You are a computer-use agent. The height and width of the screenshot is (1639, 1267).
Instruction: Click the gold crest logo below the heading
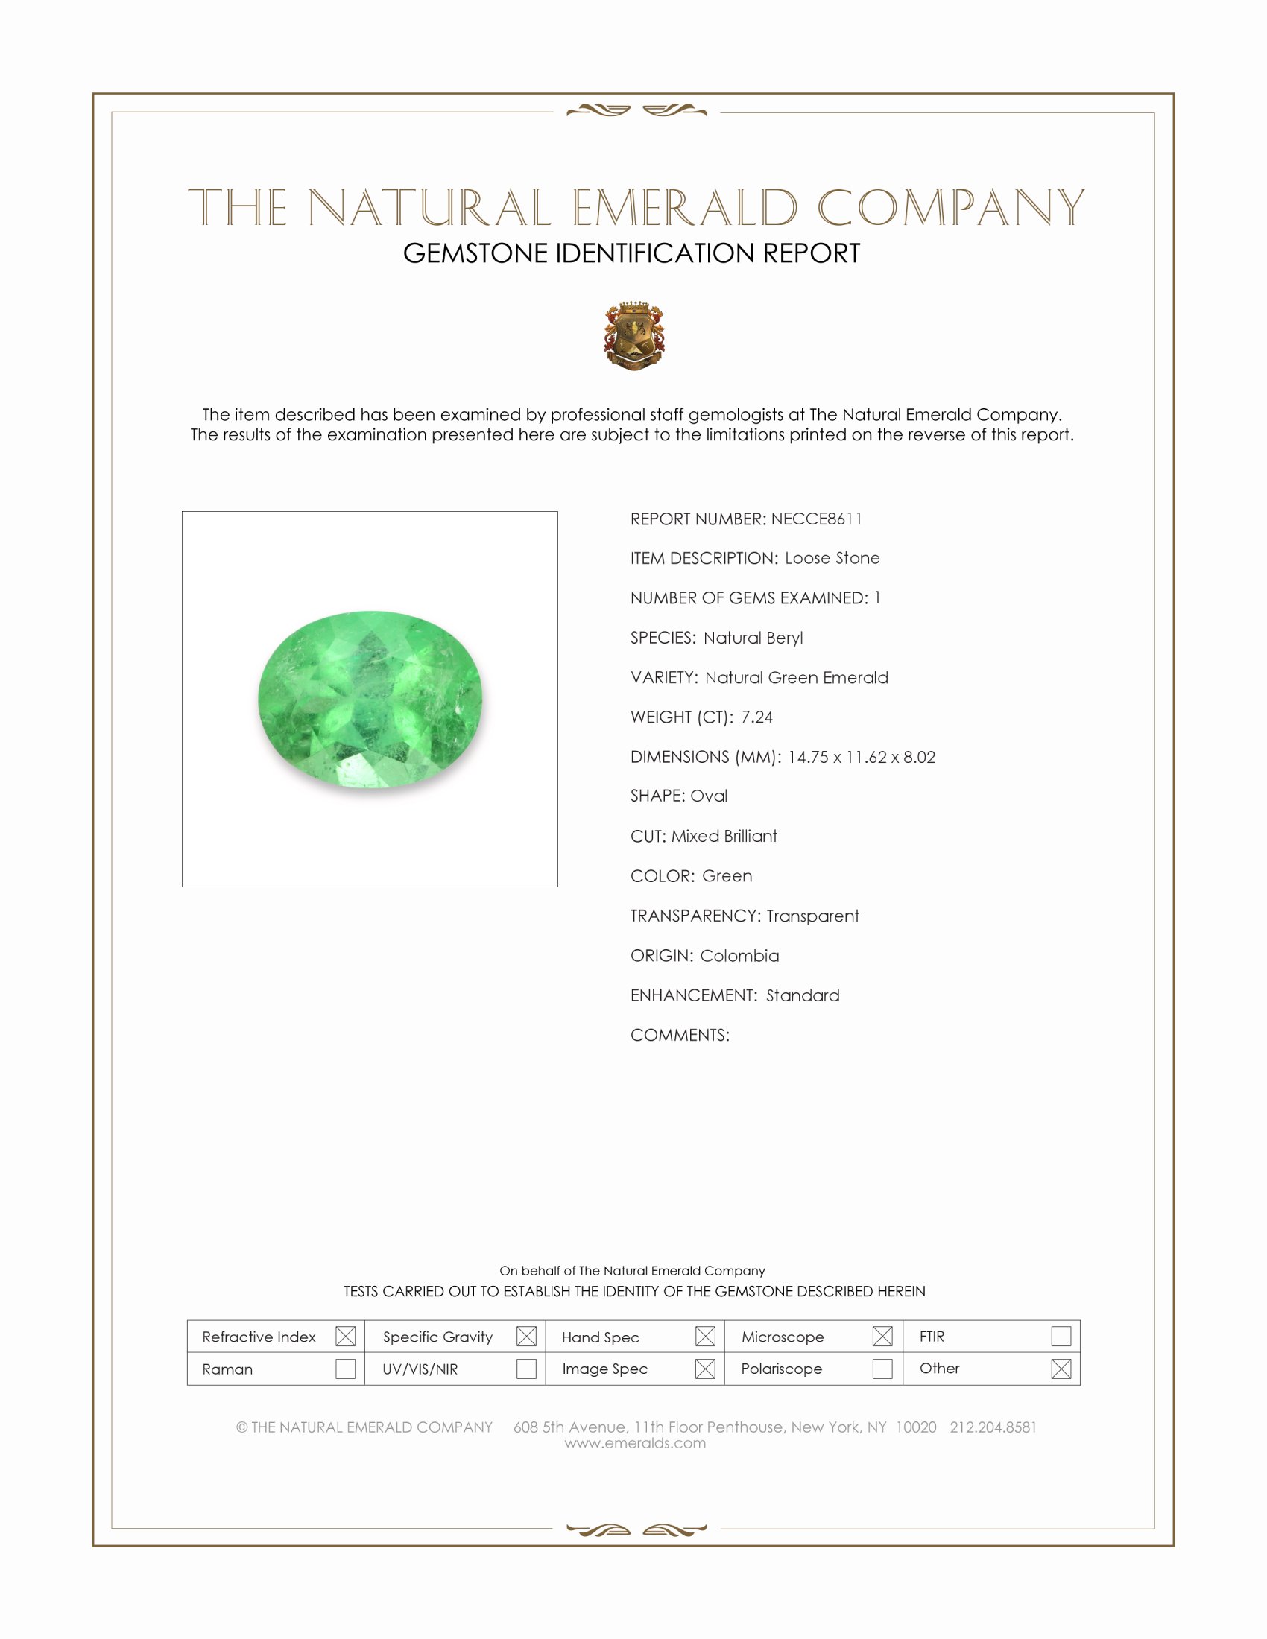tap(634, 335)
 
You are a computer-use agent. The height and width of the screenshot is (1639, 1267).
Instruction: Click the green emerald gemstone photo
tap(370, 699)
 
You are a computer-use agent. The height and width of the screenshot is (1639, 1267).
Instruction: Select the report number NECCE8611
tap(816, 519)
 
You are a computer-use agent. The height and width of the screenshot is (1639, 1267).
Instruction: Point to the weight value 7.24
tap(756, 717)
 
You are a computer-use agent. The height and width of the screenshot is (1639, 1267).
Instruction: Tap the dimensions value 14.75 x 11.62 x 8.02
tap(861, 757)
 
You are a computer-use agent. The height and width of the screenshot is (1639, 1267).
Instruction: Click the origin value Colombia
tap(739, 956)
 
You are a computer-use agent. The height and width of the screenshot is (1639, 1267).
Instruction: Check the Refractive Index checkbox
tap(345, 1337)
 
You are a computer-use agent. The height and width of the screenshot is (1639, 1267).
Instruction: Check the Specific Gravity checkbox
tap(526, 1337)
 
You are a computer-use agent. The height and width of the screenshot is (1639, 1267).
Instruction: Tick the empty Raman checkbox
tap(345, 1369)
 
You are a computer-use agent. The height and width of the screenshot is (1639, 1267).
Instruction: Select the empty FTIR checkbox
tap(1061, 1337)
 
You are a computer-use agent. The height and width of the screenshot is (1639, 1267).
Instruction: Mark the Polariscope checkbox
tap(882, 1369)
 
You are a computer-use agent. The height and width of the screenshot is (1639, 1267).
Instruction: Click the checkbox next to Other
tap(1061, 1369)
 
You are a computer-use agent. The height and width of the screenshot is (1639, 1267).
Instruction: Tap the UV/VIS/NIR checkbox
tap(526, 1369)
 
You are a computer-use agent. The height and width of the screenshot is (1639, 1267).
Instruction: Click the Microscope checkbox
tap(882, 1337)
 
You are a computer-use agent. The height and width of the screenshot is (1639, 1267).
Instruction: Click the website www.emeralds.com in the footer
tap(635, 1443)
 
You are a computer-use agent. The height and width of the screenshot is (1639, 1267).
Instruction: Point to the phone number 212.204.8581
tap(993, 1427)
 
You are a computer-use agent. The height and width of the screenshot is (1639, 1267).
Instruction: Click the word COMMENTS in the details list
tap(678, 1036)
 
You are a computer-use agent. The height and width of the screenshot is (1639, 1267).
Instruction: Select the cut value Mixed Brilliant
tap(724, 837)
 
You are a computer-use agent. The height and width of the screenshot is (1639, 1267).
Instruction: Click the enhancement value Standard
tap(803, 996)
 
